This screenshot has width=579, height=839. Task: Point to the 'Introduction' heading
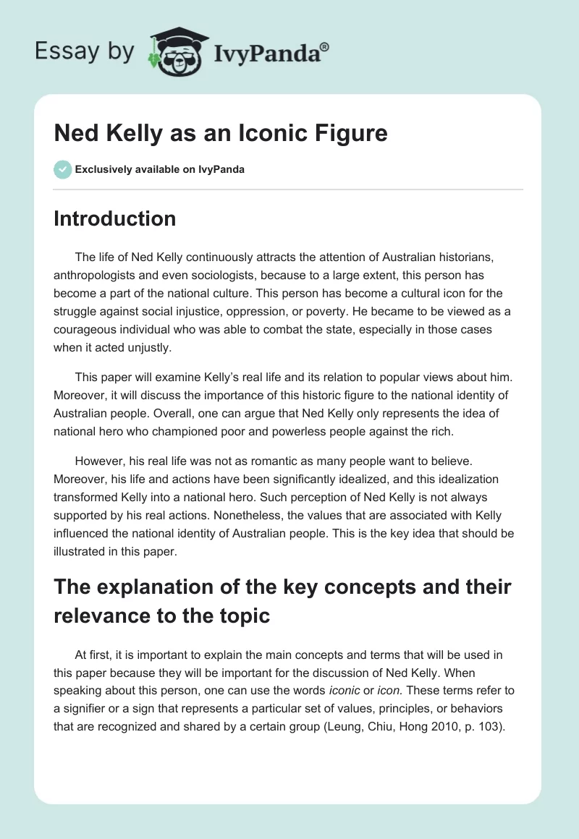(x=114, y=218)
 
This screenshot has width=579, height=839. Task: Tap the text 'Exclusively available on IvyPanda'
(x=159, y=169)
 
